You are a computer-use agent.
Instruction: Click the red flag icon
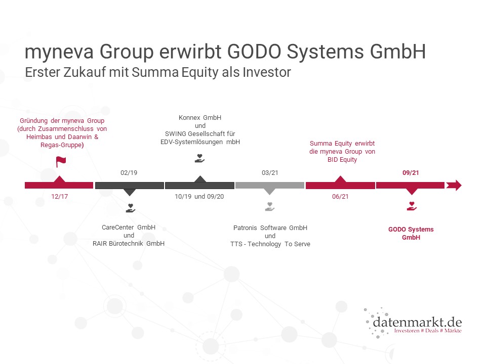click(61, 162)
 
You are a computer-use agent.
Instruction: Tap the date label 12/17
click(60, 197)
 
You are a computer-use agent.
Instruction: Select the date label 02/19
click(129, 173)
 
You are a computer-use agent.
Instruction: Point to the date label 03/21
click(270, 173)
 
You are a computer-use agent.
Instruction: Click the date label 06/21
click(340, 197)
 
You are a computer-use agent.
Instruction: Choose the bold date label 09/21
click(411, 173)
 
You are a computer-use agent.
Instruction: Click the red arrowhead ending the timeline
click(454, 186)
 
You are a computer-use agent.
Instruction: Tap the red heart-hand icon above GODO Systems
click(412, 206)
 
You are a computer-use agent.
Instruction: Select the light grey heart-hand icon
click(270, 206)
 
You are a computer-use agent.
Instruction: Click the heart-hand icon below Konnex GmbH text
click(199, 158)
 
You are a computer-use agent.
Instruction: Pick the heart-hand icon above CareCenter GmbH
click(131, 208)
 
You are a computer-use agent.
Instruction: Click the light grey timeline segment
click(270, 186)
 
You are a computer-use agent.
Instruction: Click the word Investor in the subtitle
click(267, 72)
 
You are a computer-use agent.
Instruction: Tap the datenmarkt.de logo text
click(417, 322)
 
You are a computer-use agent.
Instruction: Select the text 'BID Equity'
click(342, 160)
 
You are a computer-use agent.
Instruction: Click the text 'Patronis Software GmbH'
click(270, 228)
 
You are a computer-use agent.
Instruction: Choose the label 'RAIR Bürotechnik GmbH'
click(129, 244)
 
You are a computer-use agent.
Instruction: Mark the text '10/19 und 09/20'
click(199, 197)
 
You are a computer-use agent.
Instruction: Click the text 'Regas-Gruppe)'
click(62, 145)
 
